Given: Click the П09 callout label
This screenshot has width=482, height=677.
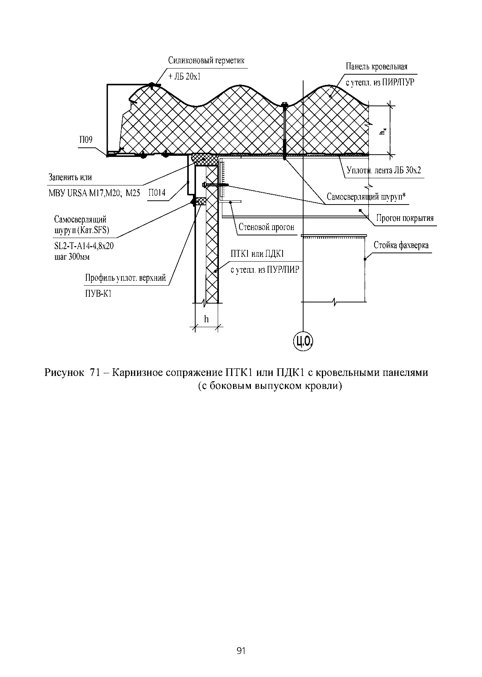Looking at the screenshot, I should (86, 140).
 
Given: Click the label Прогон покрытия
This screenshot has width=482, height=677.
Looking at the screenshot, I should (405, 218).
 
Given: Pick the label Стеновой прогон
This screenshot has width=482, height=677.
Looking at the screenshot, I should (267, 227).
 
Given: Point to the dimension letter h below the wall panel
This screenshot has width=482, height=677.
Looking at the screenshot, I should (206, 319).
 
